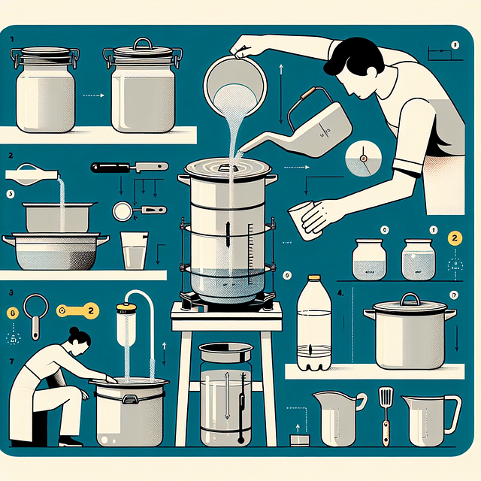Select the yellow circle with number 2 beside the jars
tap(454, 239)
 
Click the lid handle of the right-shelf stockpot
tap(410, 299)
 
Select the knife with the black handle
tap(129, 167)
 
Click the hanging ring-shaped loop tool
tap(35, 308)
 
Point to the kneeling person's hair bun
tap(74, 332)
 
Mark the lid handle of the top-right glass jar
tap(143, 44)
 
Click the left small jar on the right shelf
tap(368, 259)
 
